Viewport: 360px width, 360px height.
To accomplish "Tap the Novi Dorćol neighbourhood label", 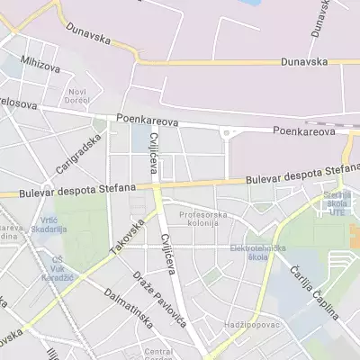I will pos(78,94).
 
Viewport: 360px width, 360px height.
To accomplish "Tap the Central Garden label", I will pos(158,354).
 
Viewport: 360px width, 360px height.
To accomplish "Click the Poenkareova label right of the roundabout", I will pos(305,130).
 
